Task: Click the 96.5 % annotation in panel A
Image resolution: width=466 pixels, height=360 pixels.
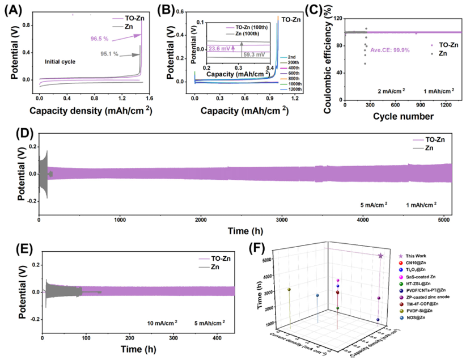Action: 100,39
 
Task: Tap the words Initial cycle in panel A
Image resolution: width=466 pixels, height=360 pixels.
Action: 62,61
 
